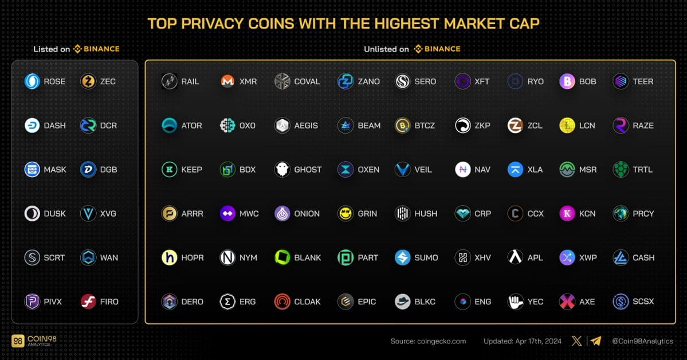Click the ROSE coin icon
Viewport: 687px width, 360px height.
point(32,81)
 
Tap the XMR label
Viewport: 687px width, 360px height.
point(248,81)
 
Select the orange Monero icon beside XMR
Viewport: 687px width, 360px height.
point(227,81)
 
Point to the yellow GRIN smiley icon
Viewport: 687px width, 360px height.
point(346,213)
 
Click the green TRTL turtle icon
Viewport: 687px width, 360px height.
point(621,170)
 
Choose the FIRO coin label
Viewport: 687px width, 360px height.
point(109,302)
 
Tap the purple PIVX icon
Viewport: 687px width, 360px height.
point(32,302)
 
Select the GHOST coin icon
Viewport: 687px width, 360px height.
point(282,170)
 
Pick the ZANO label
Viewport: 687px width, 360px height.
point(368,81)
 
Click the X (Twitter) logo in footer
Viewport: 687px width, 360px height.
point(577,341)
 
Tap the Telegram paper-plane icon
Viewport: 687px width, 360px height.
point(596,341)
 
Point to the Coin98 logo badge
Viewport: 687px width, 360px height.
point(18,341)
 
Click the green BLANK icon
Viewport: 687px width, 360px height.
point(282,257)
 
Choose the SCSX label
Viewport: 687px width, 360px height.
point(643,302)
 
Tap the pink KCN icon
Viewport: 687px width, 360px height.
point(567,213)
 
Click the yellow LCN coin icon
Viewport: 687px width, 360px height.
point(567,126)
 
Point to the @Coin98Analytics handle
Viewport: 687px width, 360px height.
point(642,341)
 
